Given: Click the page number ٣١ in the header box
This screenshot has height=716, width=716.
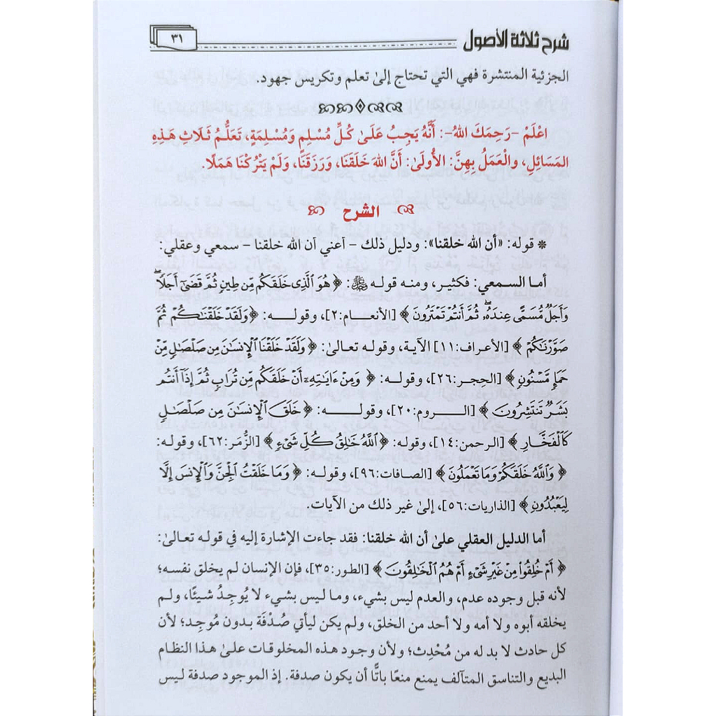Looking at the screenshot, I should click(x=176, y=41).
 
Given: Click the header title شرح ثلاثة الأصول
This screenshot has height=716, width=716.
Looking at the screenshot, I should click(x=517, y=41).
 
